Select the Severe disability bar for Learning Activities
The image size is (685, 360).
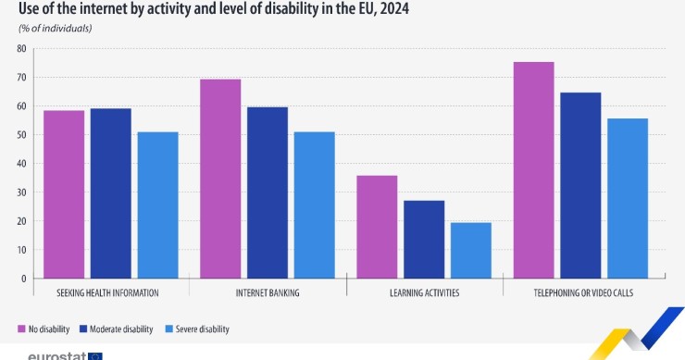coord(471,250)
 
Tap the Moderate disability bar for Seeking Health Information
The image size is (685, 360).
coord(110,193)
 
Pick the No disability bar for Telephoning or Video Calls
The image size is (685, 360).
coord(533,170)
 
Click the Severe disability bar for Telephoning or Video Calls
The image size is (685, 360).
coord(628,198)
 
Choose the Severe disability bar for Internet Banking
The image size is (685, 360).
coord(314,205)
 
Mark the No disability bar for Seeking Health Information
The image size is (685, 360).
coord(64,194)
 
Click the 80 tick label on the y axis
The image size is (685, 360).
coord(21,48)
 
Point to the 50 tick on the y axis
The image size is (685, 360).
coord(21,135)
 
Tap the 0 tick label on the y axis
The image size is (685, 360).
coord(24,279)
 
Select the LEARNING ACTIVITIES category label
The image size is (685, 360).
coord(425,292)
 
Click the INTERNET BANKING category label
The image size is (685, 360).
coord(268,292)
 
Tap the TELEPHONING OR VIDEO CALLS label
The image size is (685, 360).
coord(580,292)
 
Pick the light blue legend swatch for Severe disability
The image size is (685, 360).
coord(168,329)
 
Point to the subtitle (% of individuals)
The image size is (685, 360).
coord(56,29)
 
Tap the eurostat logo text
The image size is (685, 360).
coord(57,355)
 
